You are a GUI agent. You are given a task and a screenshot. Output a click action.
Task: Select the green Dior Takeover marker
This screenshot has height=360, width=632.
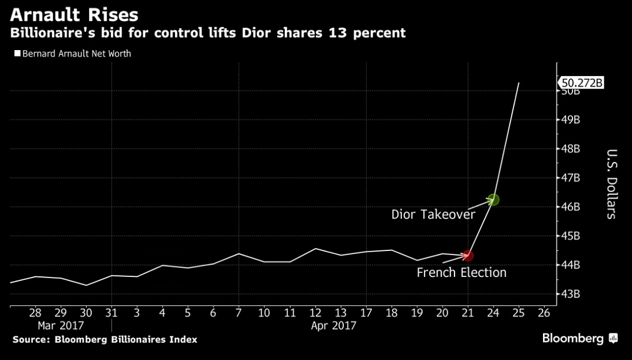(493, 200)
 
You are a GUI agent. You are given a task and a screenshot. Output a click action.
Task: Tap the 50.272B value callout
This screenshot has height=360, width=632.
(582, 82)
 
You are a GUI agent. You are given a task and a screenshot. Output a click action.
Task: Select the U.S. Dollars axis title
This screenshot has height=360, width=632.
(611, 183)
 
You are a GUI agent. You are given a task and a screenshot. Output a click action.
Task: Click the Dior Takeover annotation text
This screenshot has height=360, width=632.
(433, 214)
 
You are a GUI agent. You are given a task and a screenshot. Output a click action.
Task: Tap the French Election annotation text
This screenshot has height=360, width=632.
(462, 273)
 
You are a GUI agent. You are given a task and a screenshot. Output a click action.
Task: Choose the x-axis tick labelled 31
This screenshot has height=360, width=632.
(111, 312)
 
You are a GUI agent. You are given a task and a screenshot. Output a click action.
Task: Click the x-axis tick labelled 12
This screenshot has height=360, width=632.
(315, 312)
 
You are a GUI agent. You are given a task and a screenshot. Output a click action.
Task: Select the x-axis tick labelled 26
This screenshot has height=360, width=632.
(544, 312)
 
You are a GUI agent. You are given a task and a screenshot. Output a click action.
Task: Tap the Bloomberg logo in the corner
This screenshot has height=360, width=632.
(580, 339)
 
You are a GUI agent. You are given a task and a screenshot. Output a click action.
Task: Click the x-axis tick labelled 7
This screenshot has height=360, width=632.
(238, 312)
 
